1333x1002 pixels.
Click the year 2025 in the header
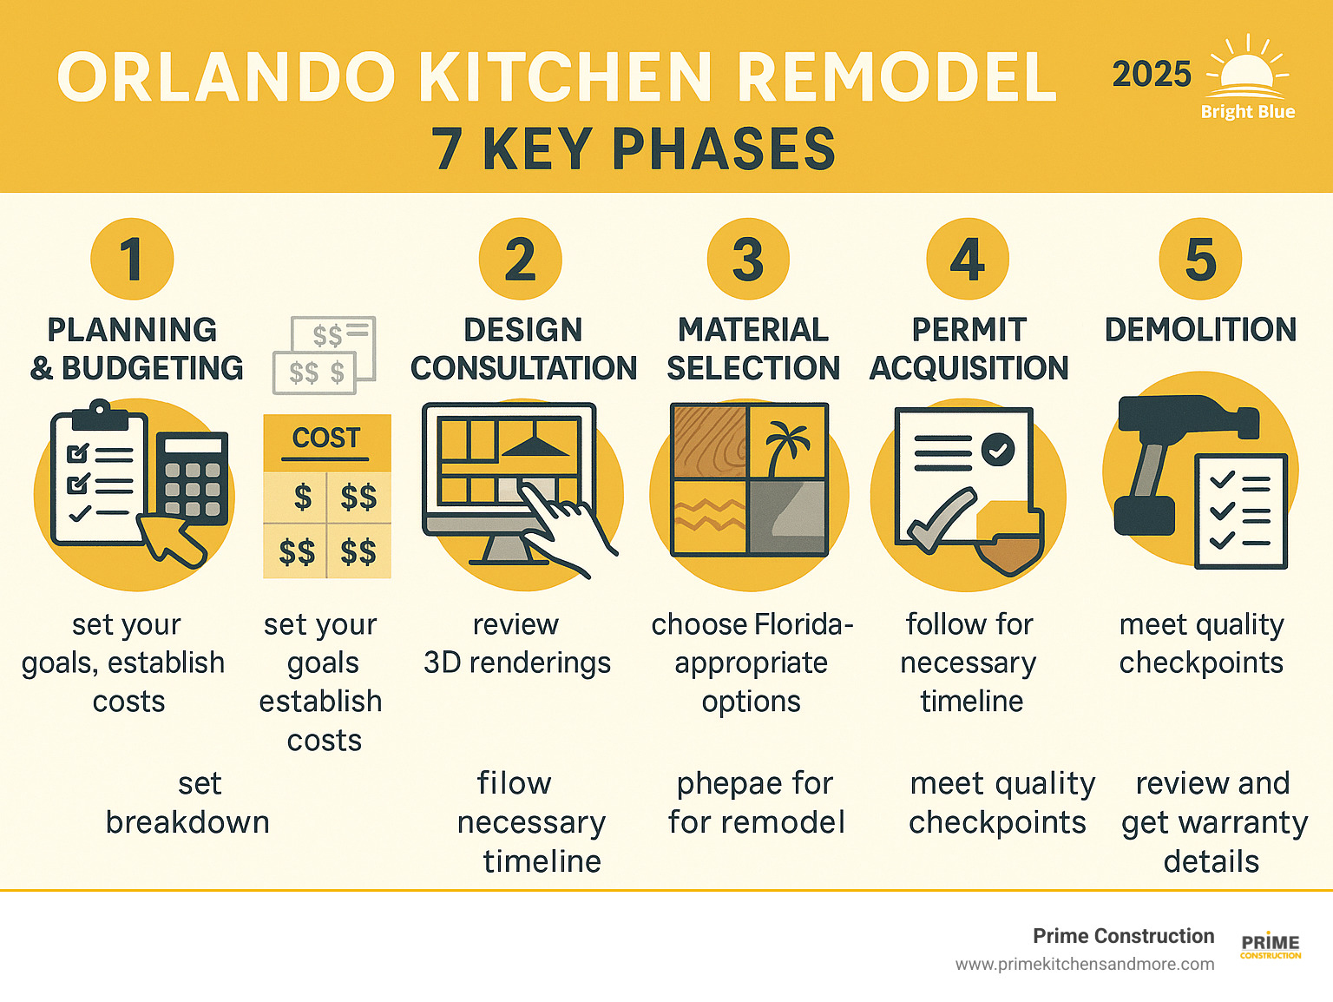pyautogui.click(x=1152, y=75)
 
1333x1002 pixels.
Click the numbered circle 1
pyautogui.click(x=132, y=259)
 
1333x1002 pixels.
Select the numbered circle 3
pyautogui.click(x=748, y=259)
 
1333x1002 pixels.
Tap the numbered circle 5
pyautogui.click(x=1200, y=259)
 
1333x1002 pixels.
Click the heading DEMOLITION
pyautogui.click(x=1200, y=330)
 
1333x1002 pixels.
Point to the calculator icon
pyautogui.click(x=193, y=478)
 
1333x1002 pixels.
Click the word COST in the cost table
pyautogui.click(x=326, y=438)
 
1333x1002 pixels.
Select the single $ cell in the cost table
pyautogui.click(x=302, y=498)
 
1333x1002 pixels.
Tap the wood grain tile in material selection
pyautogui.click(x=710, y=441)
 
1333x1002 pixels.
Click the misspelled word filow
pyautogui.click(x=514, y=784)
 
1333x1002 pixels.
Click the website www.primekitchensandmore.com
pyautogui.click(x=1085, y=965)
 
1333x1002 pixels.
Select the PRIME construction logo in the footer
pyautogui.click(x=1271, y=946)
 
